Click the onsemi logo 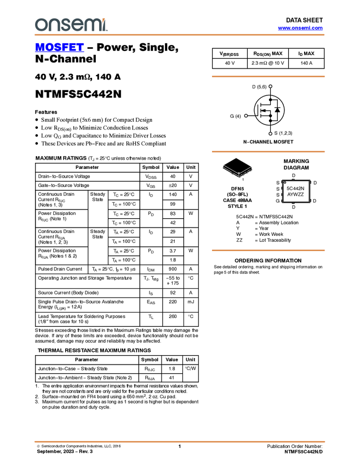[x=71, y=25]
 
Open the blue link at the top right [x=300, y=28]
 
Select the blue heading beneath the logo [x=59, y=48]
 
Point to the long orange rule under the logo [x=179, y=35]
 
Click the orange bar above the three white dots [x=268, y=76]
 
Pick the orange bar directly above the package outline [x=268, y=151]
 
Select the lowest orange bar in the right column [x=268, y=251]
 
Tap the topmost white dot [x=271, y=86]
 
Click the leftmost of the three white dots [x=246, y=115]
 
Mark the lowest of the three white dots [x=271, y=133]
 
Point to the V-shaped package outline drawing [x=238, y=171]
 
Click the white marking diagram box [x=296, y=191]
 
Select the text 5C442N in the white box [x=295, y=188]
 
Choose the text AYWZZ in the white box [x=295, y=195]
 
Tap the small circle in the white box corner [x=284, y=183]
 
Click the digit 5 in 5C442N [x=288, y=188]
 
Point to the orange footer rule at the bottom [x=179, y=441]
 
